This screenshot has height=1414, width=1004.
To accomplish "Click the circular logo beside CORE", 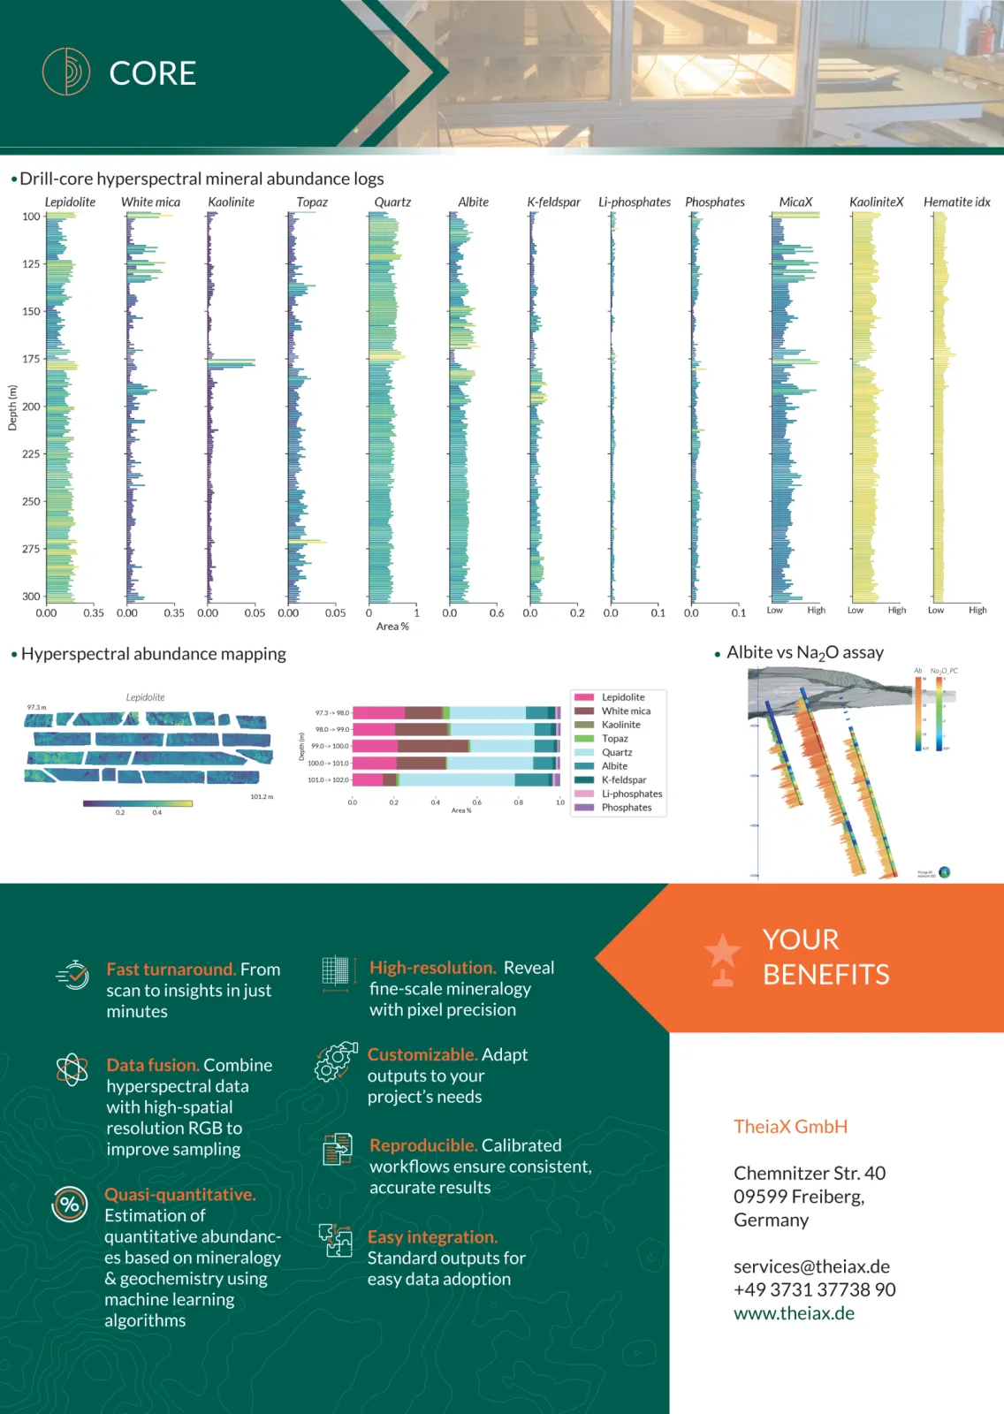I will (66, 72).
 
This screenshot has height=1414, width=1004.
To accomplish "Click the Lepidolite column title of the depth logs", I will (70, 202).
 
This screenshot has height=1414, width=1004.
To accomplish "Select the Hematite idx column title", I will (956, 202).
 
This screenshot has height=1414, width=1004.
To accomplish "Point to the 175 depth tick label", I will (31, 359).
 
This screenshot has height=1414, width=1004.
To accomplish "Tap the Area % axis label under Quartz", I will (392, 627).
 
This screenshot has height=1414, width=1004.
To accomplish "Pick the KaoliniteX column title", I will (876, 202).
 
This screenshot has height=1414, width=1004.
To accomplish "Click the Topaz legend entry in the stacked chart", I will (614, 739).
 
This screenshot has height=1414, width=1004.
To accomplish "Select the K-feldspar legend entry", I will (623, 780).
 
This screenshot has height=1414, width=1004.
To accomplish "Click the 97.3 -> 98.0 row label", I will (331, 713).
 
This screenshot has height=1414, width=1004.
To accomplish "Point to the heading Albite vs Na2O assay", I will (804, 653).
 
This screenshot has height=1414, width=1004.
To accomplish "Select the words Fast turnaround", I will (171, 969).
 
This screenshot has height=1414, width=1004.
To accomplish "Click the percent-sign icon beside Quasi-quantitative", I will (70, 1204).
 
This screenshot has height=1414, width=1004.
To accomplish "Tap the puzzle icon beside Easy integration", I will (336, 1240).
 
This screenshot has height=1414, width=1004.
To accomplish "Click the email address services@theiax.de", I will (811, 1266).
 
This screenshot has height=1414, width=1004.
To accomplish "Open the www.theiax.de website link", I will (794, 1313).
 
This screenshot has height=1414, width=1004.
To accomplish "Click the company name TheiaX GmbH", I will (790, 1127).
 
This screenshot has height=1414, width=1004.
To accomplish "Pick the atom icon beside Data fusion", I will (72, 1069).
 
